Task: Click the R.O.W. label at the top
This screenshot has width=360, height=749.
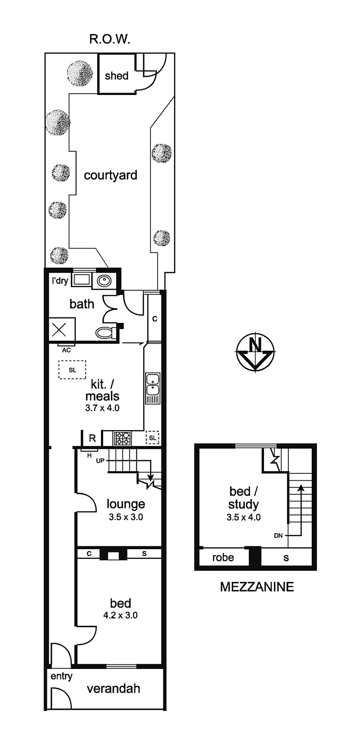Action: click(x=109, y=39)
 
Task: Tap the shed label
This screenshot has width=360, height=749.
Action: click(x=116, y=75)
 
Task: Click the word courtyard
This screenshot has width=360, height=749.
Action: click(x=110, y=175)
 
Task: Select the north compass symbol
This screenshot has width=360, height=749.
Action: click(x=256, y=352)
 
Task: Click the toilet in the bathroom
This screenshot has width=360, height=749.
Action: click(x=106, y=332)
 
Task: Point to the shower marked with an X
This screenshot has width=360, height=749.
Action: click(x=62, y=330)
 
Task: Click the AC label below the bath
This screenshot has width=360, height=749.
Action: click(x=66, y=351)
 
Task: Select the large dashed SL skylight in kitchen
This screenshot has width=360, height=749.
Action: click(x=72, y=369)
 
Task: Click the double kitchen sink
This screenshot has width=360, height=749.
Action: click(x=153, y=388)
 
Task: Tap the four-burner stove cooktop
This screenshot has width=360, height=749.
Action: click(x=122, y=438)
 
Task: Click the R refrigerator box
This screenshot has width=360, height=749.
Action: click(x=92, y=438)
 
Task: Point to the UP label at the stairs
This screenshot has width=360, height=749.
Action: click(x=100, y=461)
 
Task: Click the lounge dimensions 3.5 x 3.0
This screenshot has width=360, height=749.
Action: click(x=125, y=517)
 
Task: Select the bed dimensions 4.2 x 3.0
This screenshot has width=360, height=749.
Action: click(x=120, y=615)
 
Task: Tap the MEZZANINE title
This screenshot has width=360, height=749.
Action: click(x=257, y=587)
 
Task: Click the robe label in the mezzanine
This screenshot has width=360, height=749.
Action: click(x=223, y=558)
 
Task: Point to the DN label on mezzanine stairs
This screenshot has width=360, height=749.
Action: click(x=278, y=536)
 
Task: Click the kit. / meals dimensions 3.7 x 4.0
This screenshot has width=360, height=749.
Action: click(x=102, y=408)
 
